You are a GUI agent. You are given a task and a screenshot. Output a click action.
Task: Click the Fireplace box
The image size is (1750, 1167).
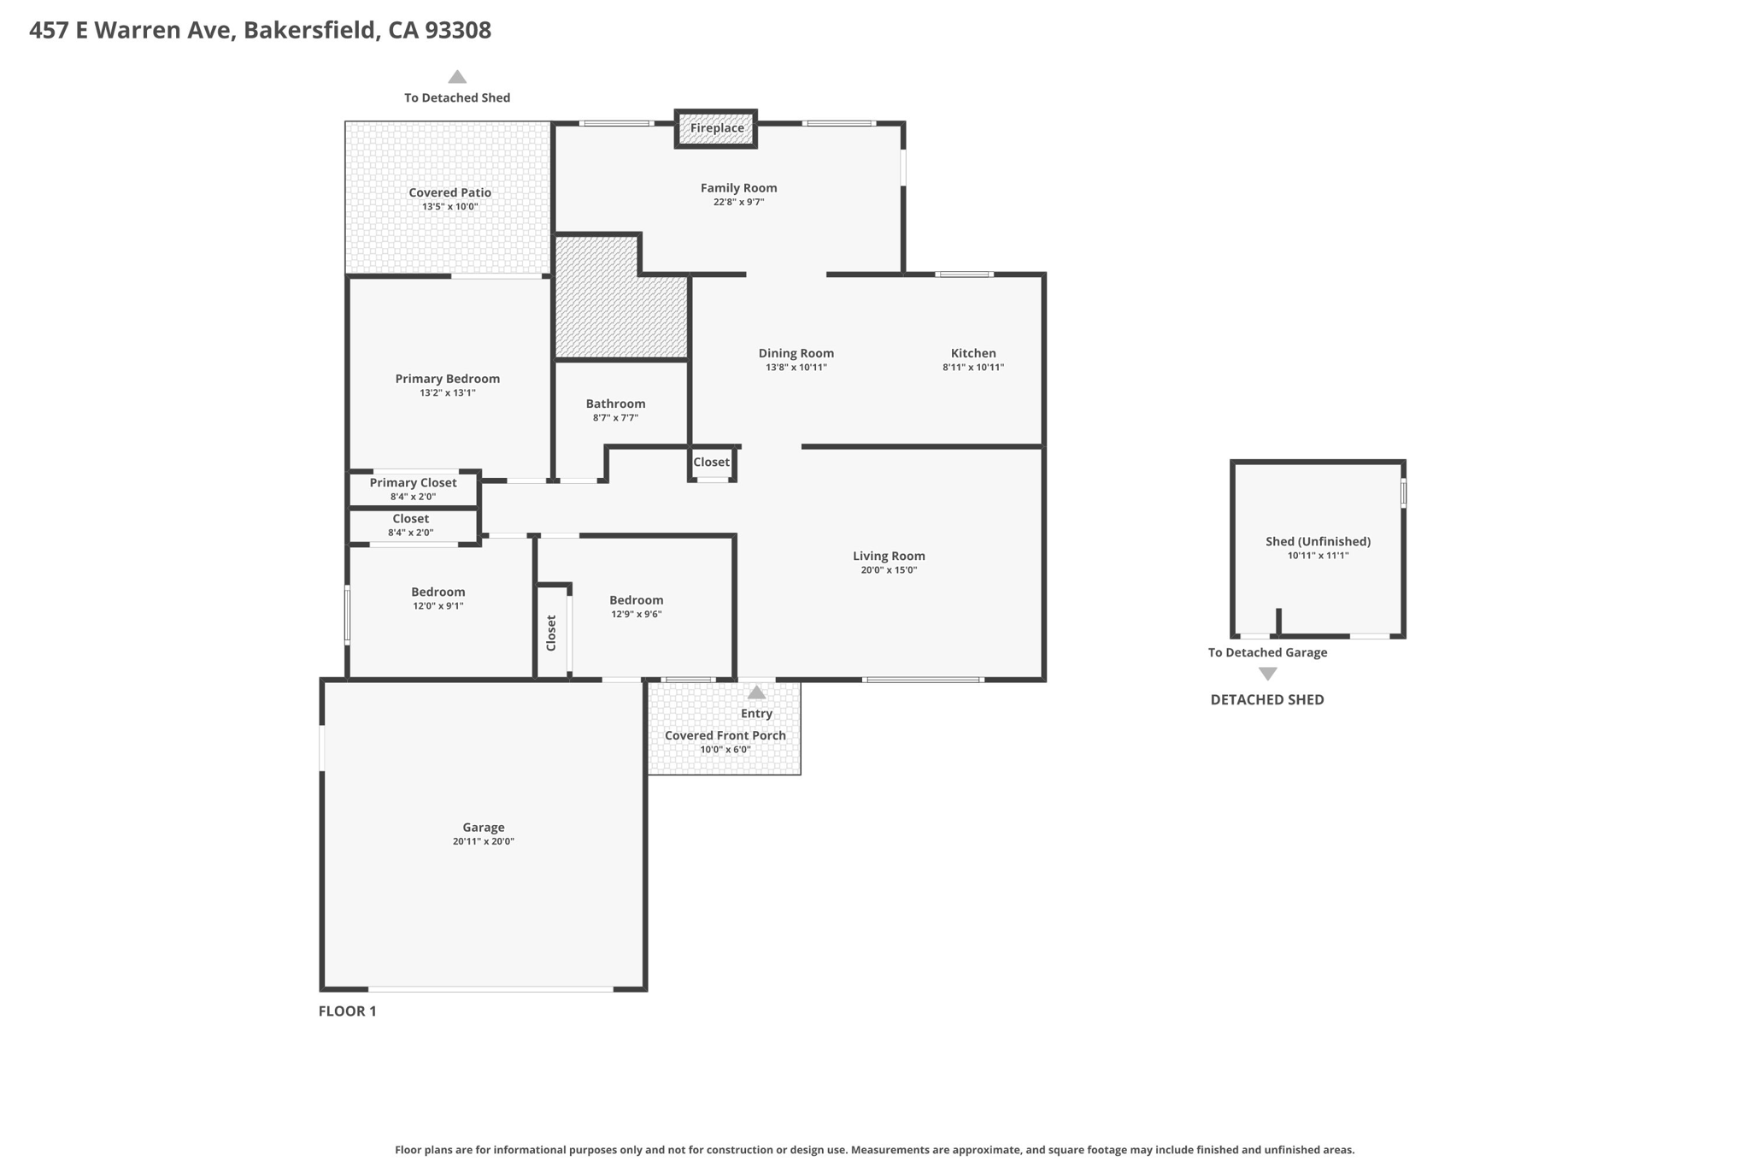pyautogui.click(x=716, y=128)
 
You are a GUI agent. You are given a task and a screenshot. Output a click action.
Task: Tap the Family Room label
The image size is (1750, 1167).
pyautogui.click(x=739, y=188)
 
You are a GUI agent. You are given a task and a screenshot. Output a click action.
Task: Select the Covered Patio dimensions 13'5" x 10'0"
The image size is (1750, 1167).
pyautogui.click(x=449, y=207)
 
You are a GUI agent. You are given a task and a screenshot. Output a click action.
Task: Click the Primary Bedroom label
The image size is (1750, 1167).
pyautogui.click(x=448, y=379)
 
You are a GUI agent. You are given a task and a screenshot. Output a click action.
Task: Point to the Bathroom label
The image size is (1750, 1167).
pyautogui.click(x=615, y=404)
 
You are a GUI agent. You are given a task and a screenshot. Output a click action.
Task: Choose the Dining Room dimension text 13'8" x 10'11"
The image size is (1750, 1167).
pyautogui.click(x=796, y=368)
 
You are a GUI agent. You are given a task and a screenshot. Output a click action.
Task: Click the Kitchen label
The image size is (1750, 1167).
pyautogui.click(x=973, y=353)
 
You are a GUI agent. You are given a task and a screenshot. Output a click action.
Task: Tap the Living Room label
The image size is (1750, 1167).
pyautogui.click(x=889, y=556)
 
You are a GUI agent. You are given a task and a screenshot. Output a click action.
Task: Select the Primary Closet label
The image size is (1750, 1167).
pyautogui.click(x=414, y=483)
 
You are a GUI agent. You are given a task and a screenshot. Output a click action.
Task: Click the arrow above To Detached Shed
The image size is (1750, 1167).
pyautogui.click(x=457, y=77)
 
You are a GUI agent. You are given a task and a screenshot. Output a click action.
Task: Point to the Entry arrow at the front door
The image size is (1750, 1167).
pyautogui.click(x=756, y=693)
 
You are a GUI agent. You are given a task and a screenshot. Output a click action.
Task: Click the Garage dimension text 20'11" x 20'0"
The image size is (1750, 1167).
pyautogui.click(x=484, y=842)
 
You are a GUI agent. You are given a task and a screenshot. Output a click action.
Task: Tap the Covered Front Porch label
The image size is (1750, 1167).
pyautogui.click(x=725, y=735)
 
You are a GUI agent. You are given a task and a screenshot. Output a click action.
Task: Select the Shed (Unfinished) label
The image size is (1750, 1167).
pyautogui.click(x=1318, y=541)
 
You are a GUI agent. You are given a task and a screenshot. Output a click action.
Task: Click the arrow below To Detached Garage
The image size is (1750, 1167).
pyautogui.click(x=1268, y=674)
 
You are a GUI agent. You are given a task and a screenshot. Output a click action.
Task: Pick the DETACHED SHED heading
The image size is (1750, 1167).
pyautogui.click(x=1267, y=699)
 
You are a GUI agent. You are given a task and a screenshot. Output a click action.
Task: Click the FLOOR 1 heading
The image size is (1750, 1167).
pyautogui.click(x=348, y=1011)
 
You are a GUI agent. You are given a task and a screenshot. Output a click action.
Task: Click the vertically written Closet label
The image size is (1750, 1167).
pyautogui.click(x=551, y=633)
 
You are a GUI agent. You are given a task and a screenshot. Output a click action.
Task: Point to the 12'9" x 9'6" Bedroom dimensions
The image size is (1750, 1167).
pyautogui.click(x=637, y=615)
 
